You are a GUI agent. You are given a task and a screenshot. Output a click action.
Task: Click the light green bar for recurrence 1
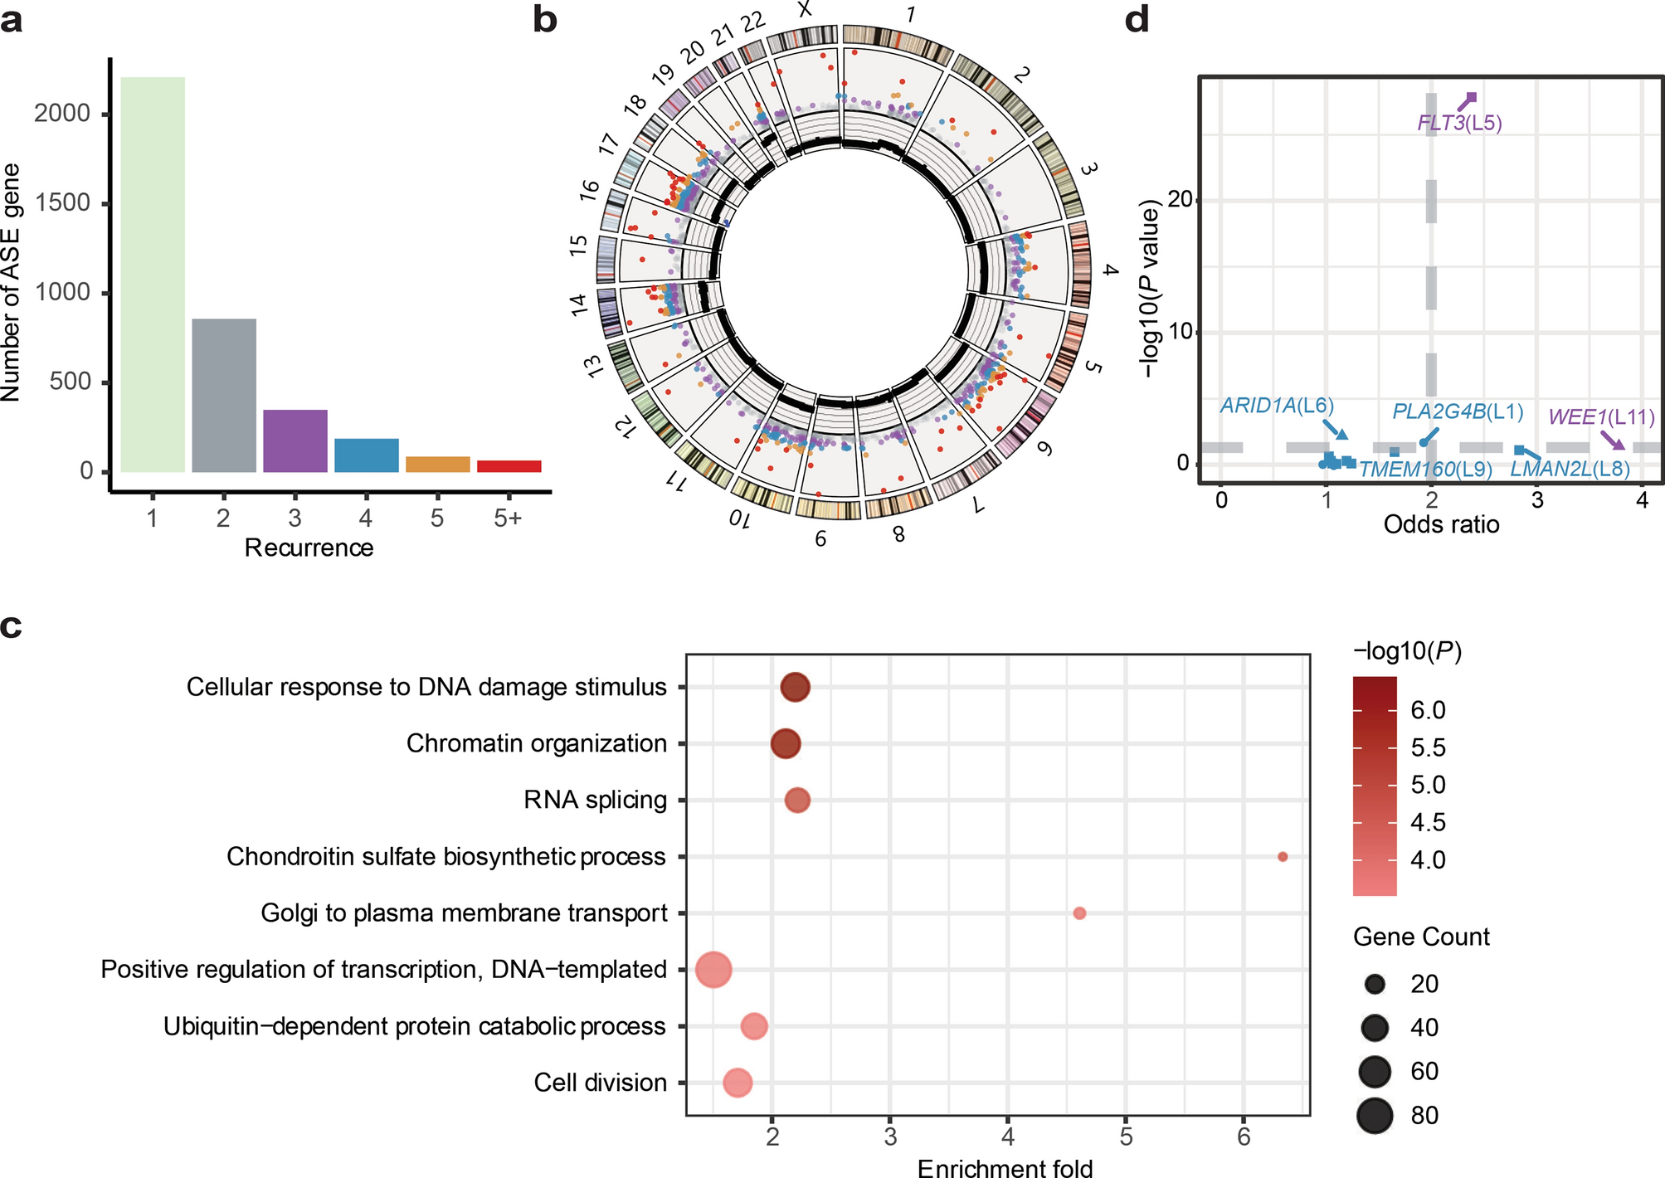pos(153,274)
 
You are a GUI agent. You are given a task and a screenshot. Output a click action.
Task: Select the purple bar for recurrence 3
pos(295,441)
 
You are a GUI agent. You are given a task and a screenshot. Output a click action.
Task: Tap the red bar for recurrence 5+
pos(509,466)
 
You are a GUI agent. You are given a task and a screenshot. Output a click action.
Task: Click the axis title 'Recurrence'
pos(309,548)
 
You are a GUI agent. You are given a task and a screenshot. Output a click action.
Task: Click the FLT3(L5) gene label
pos(1459,124)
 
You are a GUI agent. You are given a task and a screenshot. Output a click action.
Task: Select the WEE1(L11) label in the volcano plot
pos(1601,416)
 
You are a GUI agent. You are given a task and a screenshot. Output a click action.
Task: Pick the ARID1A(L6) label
pos(1276,405)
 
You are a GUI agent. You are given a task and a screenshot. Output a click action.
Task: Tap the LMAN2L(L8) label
pos(1569,470)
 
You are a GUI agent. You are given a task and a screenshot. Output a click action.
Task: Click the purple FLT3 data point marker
pos(1471,98)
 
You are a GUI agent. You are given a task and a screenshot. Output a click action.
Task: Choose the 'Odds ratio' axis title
pos(1441,524)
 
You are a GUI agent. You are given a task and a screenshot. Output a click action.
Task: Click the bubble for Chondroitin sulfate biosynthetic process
pos(1283,857)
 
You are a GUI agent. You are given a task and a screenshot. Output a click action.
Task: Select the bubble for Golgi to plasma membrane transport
pos(1079,913)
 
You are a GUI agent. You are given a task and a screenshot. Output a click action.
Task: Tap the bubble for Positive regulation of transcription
pos(713,970)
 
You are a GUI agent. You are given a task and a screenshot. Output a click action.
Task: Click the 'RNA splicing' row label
pos(595,800)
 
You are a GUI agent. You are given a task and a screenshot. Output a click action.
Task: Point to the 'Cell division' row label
pos(600,1083)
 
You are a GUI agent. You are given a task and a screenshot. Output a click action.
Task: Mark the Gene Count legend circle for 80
pos(1375,1115)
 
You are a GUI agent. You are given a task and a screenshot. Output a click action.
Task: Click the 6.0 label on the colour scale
pos(1428,710)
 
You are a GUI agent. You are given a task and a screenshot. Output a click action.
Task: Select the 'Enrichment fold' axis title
pos(1005,1168)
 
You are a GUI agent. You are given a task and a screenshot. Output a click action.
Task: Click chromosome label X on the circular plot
pos(804,10)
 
